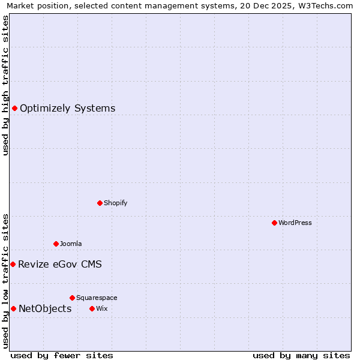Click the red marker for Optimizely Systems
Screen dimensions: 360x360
14,108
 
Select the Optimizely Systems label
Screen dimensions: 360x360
67,109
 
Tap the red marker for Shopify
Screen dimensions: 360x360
100,203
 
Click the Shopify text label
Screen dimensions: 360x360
115,203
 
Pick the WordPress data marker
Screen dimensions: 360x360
274,223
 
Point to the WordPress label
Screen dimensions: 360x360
295,223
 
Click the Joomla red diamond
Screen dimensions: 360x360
56,244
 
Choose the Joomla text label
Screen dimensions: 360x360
71,244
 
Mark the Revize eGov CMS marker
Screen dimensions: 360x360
13,264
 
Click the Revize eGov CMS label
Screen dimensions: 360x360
60,265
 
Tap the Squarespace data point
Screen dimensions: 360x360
72,298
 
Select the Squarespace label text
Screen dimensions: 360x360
97,298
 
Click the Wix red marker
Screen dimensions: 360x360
92,308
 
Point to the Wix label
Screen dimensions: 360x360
101,308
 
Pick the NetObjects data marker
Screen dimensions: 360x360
13,308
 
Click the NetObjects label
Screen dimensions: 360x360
45,309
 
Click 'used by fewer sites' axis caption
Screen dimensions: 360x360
62,355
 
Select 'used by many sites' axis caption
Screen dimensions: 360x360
301,355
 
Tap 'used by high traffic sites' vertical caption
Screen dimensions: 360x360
5,85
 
